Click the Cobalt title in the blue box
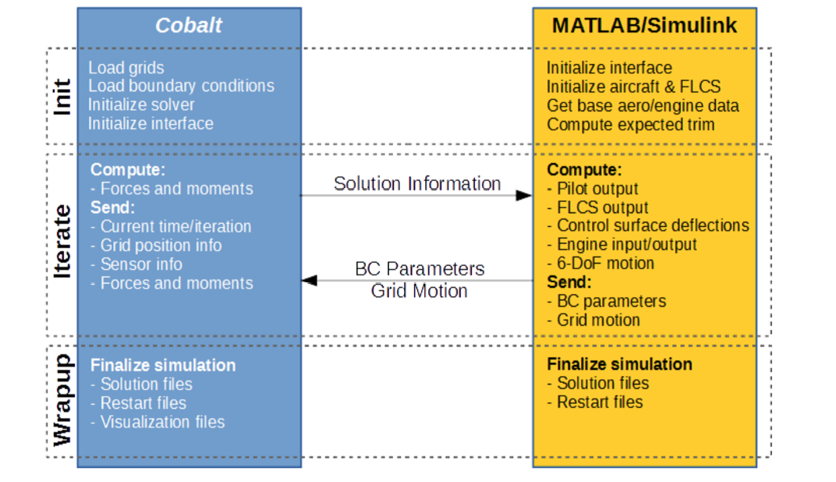point(189,25)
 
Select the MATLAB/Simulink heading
point(644,25)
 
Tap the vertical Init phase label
point(62,97)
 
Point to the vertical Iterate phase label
point(62,241)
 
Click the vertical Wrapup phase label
point(62,400)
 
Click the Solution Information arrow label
point(417,183)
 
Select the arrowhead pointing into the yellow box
point(524,195)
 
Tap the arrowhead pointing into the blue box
point(310,279)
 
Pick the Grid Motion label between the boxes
point(420,291)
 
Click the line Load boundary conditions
point(181,86)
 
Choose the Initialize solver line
point(141,105)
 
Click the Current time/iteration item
point(175,226)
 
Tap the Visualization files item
point(161,422)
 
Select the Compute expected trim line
point(630,125)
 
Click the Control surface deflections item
point(651,225)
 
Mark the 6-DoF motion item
point(604,263)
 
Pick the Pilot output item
point(597,188)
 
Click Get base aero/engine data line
point(643,105)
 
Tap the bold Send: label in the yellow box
point(569,282)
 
